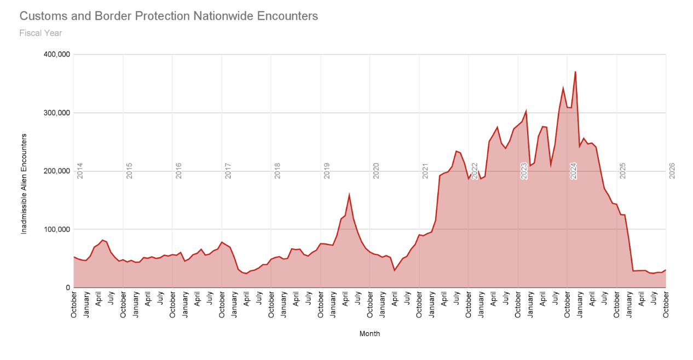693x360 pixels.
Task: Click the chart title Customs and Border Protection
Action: pos(169,16)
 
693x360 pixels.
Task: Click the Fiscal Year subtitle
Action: pos(41,33)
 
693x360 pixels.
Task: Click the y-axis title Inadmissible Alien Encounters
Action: pos(24,184)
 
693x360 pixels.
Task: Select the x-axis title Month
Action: pos(369,334)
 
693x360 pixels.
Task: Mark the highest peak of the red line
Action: pos(575,72)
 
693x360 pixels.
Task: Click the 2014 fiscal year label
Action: pos(80,171)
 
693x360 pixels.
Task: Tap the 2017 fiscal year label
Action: pos(228,171)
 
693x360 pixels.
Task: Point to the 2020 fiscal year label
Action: pos(376,171)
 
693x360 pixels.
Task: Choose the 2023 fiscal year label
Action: pos(524,171)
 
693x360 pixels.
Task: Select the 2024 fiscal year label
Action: pos(573,171)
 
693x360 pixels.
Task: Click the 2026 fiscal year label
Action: pos(672,171)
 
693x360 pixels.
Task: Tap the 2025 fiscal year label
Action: pos(622,171)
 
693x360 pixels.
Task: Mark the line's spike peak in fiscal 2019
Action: pos(349,195)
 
